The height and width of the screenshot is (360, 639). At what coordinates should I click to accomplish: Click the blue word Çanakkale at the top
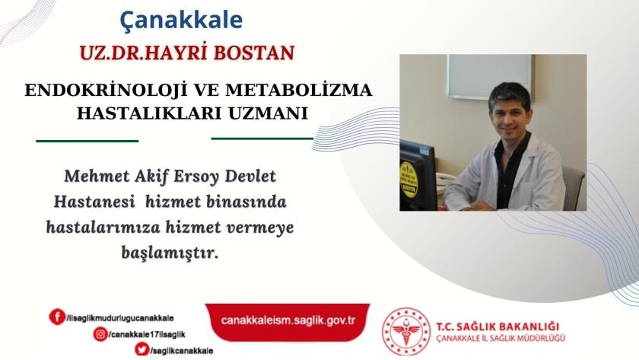(x=181, y=21)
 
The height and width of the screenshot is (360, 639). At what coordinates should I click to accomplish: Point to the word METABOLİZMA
(x=299, y=90)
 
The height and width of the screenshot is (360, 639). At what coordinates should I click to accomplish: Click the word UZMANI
(x=267, y=113)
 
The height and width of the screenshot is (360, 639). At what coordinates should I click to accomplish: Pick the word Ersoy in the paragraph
(x=196, y=177)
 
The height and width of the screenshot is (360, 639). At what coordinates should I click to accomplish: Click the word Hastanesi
(x=94, y=202)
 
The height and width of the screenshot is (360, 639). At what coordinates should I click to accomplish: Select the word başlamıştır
(x=170, y=253)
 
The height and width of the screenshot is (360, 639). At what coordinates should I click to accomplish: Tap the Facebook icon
(x=57, y=317)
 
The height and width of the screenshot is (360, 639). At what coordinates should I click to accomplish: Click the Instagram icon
(x=100, y=334)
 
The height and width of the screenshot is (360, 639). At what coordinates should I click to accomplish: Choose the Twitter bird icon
(x=141, y=349)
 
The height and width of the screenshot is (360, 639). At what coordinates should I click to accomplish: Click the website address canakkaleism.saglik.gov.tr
(x=288, y=320)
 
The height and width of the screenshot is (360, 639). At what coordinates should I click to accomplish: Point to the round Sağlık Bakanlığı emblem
(x=405, y=331)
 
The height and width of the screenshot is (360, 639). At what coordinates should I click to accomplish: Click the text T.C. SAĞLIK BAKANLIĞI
(x=498, y=327)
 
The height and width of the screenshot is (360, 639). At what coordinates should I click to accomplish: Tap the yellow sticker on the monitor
(x=409, y=180)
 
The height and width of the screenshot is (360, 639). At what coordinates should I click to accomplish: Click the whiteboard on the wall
(x=490, y=76)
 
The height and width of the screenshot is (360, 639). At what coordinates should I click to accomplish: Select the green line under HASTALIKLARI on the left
(x=87, y=141)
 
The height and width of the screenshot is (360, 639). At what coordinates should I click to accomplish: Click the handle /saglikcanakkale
(x=181, y=351)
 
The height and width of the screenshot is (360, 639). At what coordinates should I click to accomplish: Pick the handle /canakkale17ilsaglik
(x=147, y=335)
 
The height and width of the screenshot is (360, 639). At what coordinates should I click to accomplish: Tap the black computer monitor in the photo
(x=418, y=175)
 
